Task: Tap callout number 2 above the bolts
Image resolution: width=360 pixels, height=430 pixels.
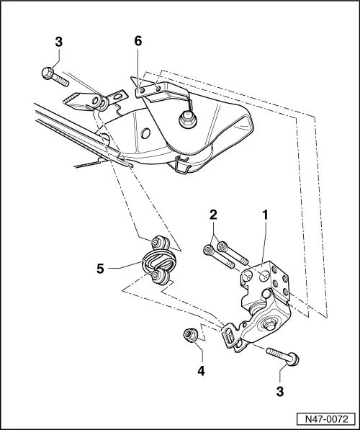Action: coord(213,215)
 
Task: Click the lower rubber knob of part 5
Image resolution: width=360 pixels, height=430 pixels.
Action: coord(160,277)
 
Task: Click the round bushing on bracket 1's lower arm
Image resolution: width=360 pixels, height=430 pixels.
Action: coord(273,325)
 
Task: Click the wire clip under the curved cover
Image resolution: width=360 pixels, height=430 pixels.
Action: coord(181,167)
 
